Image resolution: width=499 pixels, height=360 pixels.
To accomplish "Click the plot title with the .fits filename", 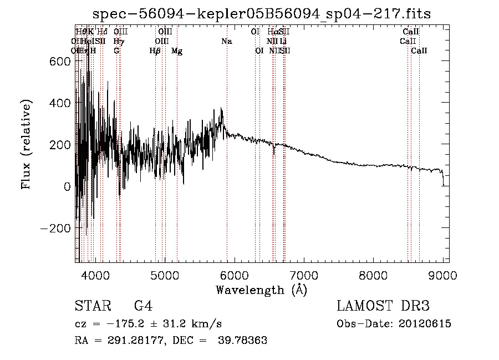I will pyautogui.click(x=262, y=13).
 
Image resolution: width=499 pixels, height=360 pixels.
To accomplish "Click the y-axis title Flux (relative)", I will pyautogui.click(x=26, y=144).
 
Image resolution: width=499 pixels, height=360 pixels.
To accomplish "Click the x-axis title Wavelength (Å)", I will pyautogui.click(x=261, y=290).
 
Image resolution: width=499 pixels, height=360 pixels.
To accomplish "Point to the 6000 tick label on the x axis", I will pyautogui.click(x=235, y=275).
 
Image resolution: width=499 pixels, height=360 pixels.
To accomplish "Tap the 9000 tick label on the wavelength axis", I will pyautogui.click(x=443, y=275).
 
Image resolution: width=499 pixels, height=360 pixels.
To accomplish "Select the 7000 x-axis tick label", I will pyautogui.click(x=304, y=275).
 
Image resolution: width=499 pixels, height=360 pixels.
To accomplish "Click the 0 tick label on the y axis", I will pyautogui.click(x=67, y=186).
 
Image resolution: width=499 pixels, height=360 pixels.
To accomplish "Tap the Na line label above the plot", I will pyautogui.click(x=226, y=41).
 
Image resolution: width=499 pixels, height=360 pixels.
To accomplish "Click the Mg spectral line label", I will pyautogui.click(x=177, y=51).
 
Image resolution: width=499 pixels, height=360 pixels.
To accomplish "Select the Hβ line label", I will pyautogui.click(x=155, y=51).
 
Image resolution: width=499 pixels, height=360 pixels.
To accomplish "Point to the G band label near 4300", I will pyautogui.click(x=116, y=50).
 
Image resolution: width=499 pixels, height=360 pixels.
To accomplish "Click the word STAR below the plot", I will pyautogui.click(x=91, y=306).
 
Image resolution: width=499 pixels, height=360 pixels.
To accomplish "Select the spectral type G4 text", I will pyautogui.click(x=143, y=306).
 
